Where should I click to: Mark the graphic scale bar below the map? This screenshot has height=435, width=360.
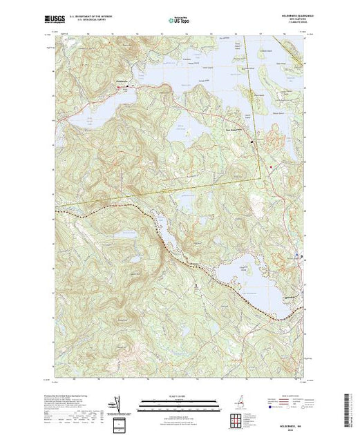pos(180,400)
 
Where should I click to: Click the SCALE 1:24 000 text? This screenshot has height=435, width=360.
pos(180,395)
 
